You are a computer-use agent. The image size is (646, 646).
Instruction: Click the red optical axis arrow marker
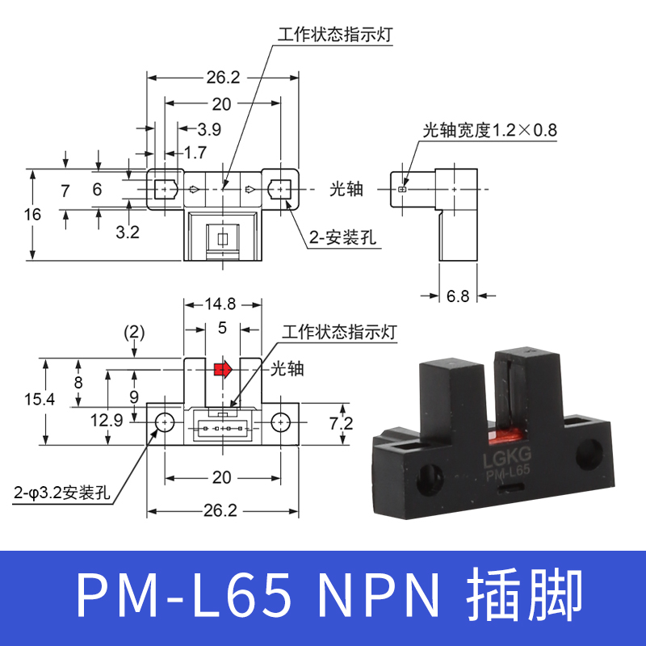[x=222, y=369]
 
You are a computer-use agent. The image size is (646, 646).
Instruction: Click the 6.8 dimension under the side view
[x=457, y=296]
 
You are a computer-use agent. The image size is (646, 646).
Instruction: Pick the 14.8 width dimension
[x=220, y=304]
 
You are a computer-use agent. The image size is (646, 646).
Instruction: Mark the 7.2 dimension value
[x=342, y=423]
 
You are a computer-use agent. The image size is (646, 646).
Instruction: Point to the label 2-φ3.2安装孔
[x=62, y=492]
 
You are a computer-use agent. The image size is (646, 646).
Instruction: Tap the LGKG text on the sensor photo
[x=505, y=458]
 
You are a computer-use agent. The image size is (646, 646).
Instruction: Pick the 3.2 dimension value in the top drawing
[x=128, y=233]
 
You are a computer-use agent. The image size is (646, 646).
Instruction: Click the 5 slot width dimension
[x=222, y=329]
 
